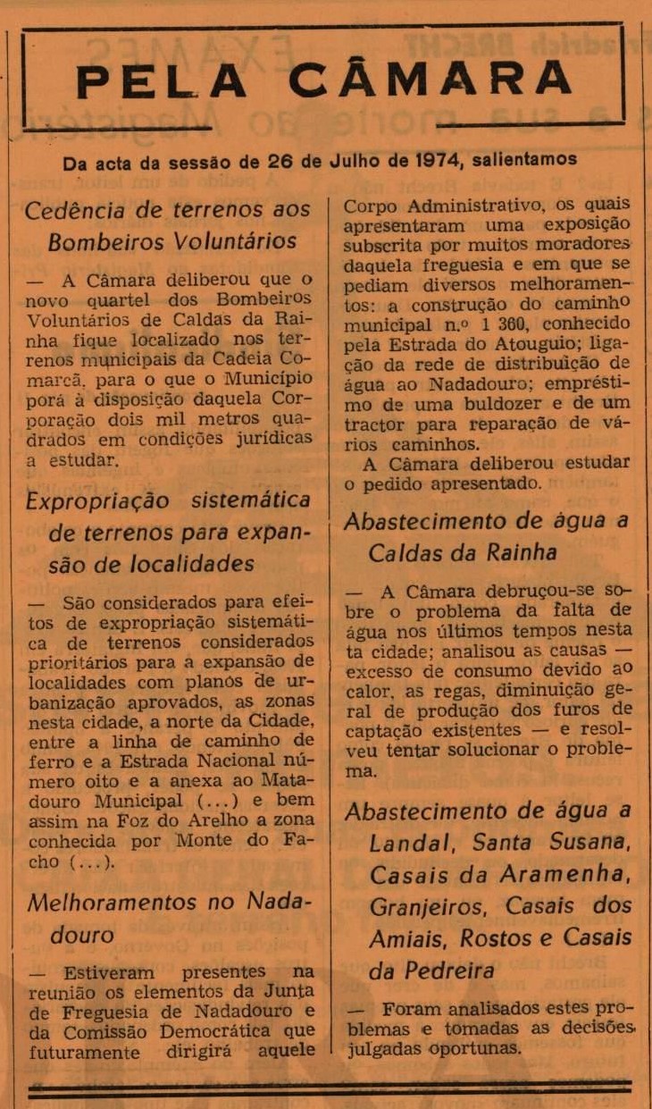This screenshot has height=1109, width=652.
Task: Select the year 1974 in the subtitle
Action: pos(439,162)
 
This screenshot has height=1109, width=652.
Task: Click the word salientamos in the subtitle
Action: pos(525,162)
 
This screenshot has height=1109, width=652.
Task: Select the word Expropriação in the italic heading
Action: pos(96,501)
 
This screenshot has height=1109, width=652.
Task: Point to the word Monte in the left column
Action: pos(205,839)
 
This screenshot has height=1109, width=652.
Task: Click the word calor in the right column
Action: pos(368,690)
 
